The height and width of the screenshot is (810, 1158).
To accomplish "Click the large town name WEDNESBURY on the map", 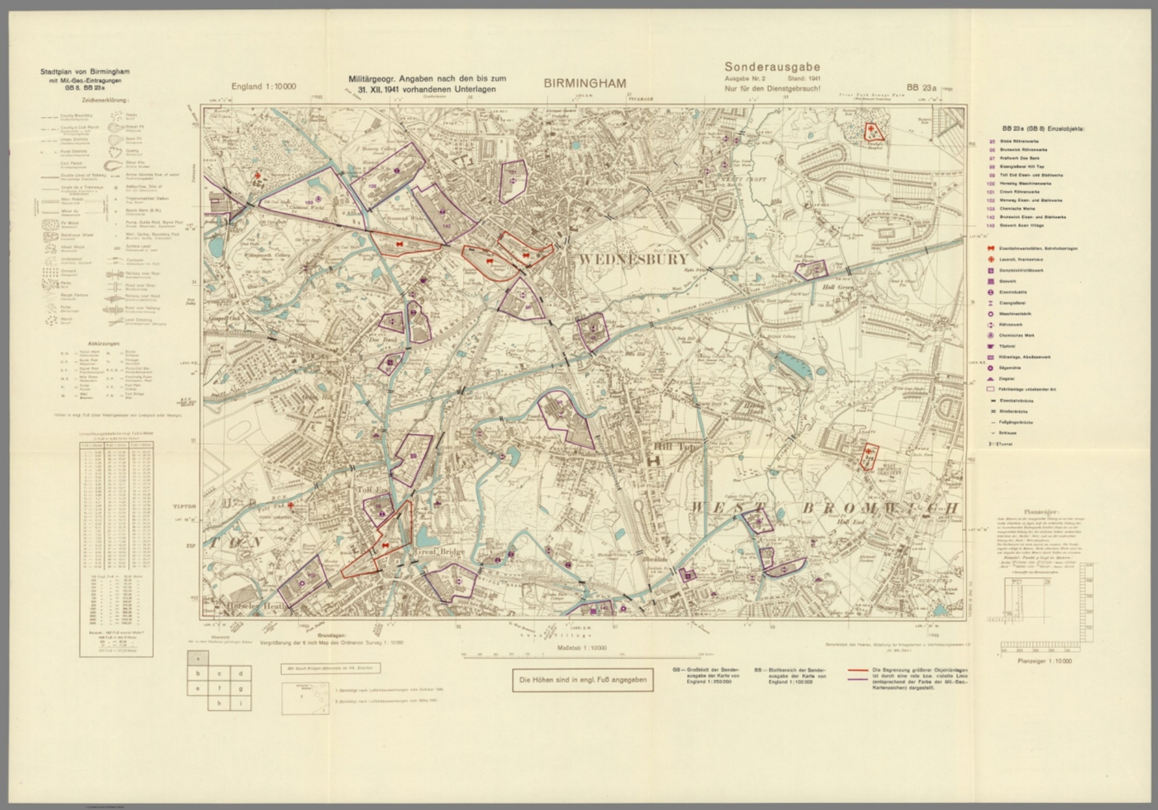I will [633, 259].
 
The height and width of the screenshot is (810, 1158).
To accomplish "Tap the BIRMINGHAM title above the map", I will [585, 84].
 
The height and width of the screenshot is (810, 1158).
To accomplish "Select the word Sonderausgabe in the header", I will [772, 67].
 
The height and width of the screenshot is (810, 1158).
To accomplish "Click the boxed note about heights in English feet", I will [580, 680].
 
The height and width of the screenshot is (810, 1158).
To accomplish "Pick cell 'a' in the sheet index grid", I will [198, 657].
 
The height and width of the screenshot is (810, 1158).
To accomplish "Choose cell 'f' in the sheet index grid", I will [219, 688].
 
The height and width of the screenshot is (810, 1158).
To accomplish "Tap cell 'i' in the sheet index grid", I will [240, 703].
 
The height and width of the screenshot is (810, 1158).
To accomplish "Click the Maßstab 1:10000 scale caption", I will [581, 647].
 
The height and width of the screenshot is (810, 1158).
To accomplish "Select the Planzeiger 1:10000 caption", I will [1044, 661].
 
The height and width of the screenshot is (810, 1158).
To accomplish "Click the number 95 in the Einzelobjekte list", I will [992, 141].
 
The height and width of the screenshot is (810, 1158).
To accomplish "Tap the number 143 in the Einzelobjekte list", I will [992, 225].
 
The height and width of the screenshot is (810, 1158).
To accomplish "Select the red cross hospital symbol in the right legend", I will [992, 258].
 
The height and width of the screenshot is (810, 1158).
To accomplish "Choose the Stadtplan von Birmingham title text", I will [85, 72].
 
